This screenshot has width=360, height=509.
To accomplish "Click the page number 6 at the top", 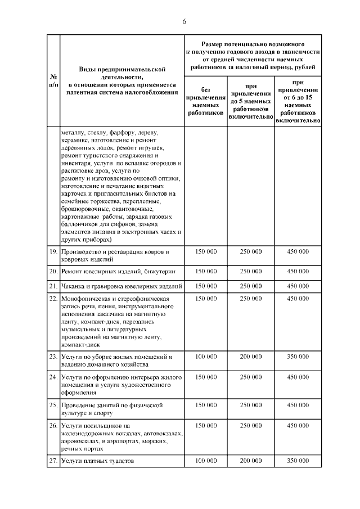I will [x=183, y=21].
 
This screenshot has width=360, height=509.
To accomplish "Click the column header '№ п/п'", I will [x=53, y=80].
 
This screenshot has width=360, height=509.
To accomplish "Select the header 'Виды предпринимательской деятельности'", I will [x=122, y=80].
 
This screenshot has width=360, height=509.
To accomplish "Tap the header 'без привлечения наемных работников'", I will [x=205, y=101].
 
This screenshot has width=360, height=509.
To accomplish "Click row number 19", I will [x=53, y=251].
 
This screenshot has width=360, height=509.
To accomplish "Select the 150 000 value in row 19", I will [x=205, y=251].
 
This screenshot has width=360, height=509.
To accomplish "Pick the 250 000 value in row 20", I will [x=251, y=271].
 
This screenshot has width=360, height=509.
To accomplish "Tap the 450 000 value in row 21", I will [x=298, y=286].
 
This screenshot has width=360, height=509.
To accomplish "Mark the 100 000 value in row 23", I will [x=205, y=357].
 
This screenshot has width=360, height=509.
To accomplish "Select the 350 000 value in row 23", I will [x=298, y=357].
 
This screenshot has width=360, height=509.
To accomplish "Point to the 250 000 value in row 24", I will [x=251, y=377].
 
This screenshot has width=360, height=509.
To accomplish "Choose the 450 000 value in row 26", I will [x=298, y=425].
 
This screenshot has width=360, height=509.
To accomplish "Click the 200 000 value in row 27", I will [x=251, y=461].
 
